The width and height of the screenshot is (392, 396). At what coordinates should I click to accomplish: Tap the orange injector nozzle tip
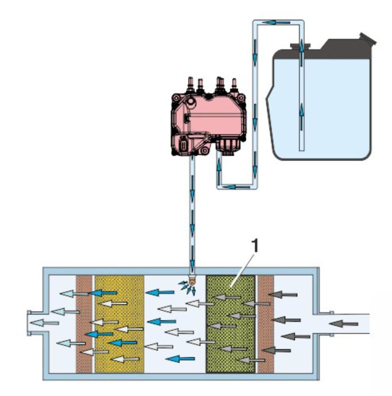point(193,282)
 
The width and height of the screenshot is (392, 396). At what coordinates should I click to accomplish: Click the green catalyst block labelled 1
point(230,325)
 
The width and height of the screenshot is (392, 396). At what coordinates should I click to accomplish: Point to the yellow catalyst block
point(119,325)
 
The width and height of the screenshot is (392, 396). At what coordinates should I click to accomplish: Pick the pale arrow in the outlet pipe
point(44,322)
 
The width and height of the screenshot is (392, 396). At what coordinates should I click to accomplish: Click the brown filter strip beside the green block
point(265,325)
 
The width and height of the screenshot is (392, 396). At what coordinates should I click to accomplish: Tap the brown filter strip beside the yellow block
point(84,325)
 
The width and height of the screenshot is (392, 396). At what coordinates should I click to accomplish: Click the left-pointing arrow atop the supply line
point(271,22)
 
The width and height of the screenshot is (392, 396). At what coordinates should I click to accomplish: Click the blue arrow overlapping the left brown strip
point(99,334)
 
